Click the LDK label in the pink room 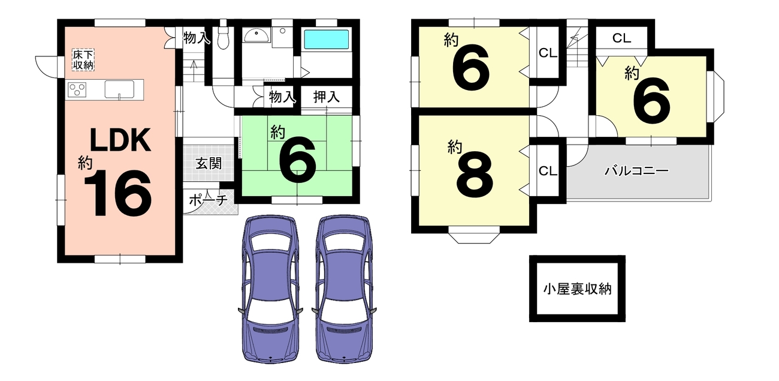[120, 140]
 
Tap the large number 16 [118, 193]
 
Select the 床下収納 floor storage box [83, 60]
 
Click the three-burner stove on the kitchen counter [77, 90]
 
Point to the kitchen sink [119, 89]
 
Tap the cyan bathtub [326, 40]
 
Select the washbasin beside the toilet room [256, 35]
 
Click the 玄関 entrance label [209, 163]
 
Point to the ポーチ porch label [209, 200]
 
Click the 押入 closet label [326, 97]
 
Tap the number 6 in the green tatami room [298, 160]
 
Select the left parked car [270, 289]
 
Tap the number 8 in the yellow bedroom [475, 175]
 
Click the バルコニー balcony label [636, 170]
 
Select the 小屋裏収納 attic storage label [577, 289]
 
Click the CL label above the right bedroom [621, 38]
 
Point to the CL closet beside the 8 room [548, 170]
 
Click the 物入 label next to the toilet [197, 38]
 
